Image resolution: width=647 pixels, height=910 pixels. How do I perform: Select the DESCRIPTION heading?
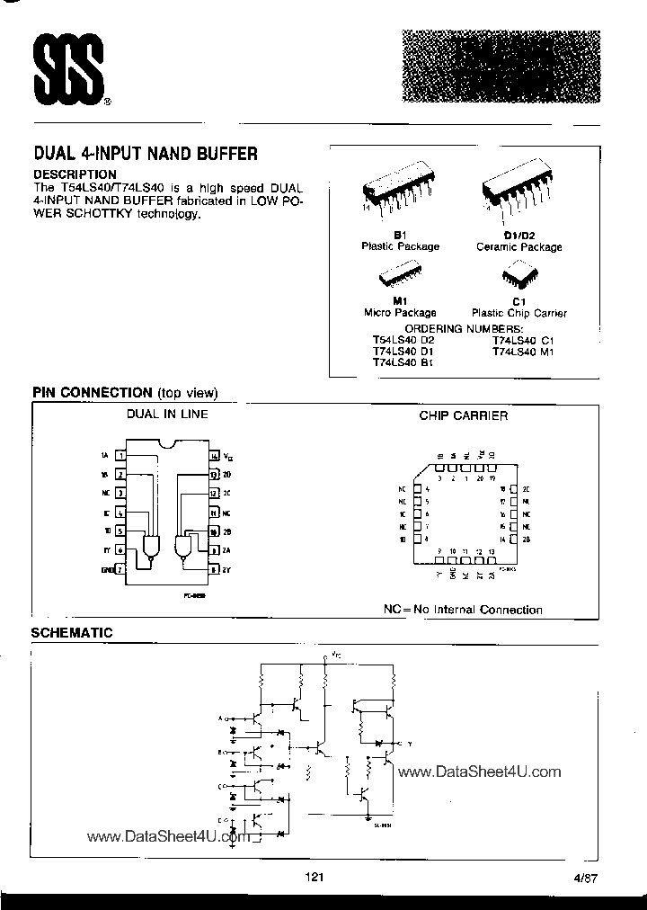pyautogui.click(x=75, y=174)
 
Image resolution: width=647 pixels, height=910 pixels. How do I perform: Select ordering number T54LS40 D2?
pyautogui.click(x=403, y=340)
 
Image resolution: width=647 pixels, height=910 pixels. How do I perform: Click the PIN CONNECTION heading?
pyautogui.click(x=92, y=393)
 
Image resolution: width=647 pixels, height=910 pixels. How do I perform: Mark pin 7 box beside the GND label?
pyautogui.click(x=120, y=569)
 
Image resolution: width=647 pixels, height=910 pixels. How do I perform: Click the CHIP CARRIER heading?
pyautogui.click(x=463, y=415)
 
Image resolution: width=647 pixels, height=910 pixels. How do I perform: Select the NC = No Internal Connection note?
pyautogui.click(x=463, y=610)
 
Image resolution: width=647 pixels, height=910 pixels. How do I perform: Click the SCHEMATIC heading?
pyautogui.click(x=72, y=633)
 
